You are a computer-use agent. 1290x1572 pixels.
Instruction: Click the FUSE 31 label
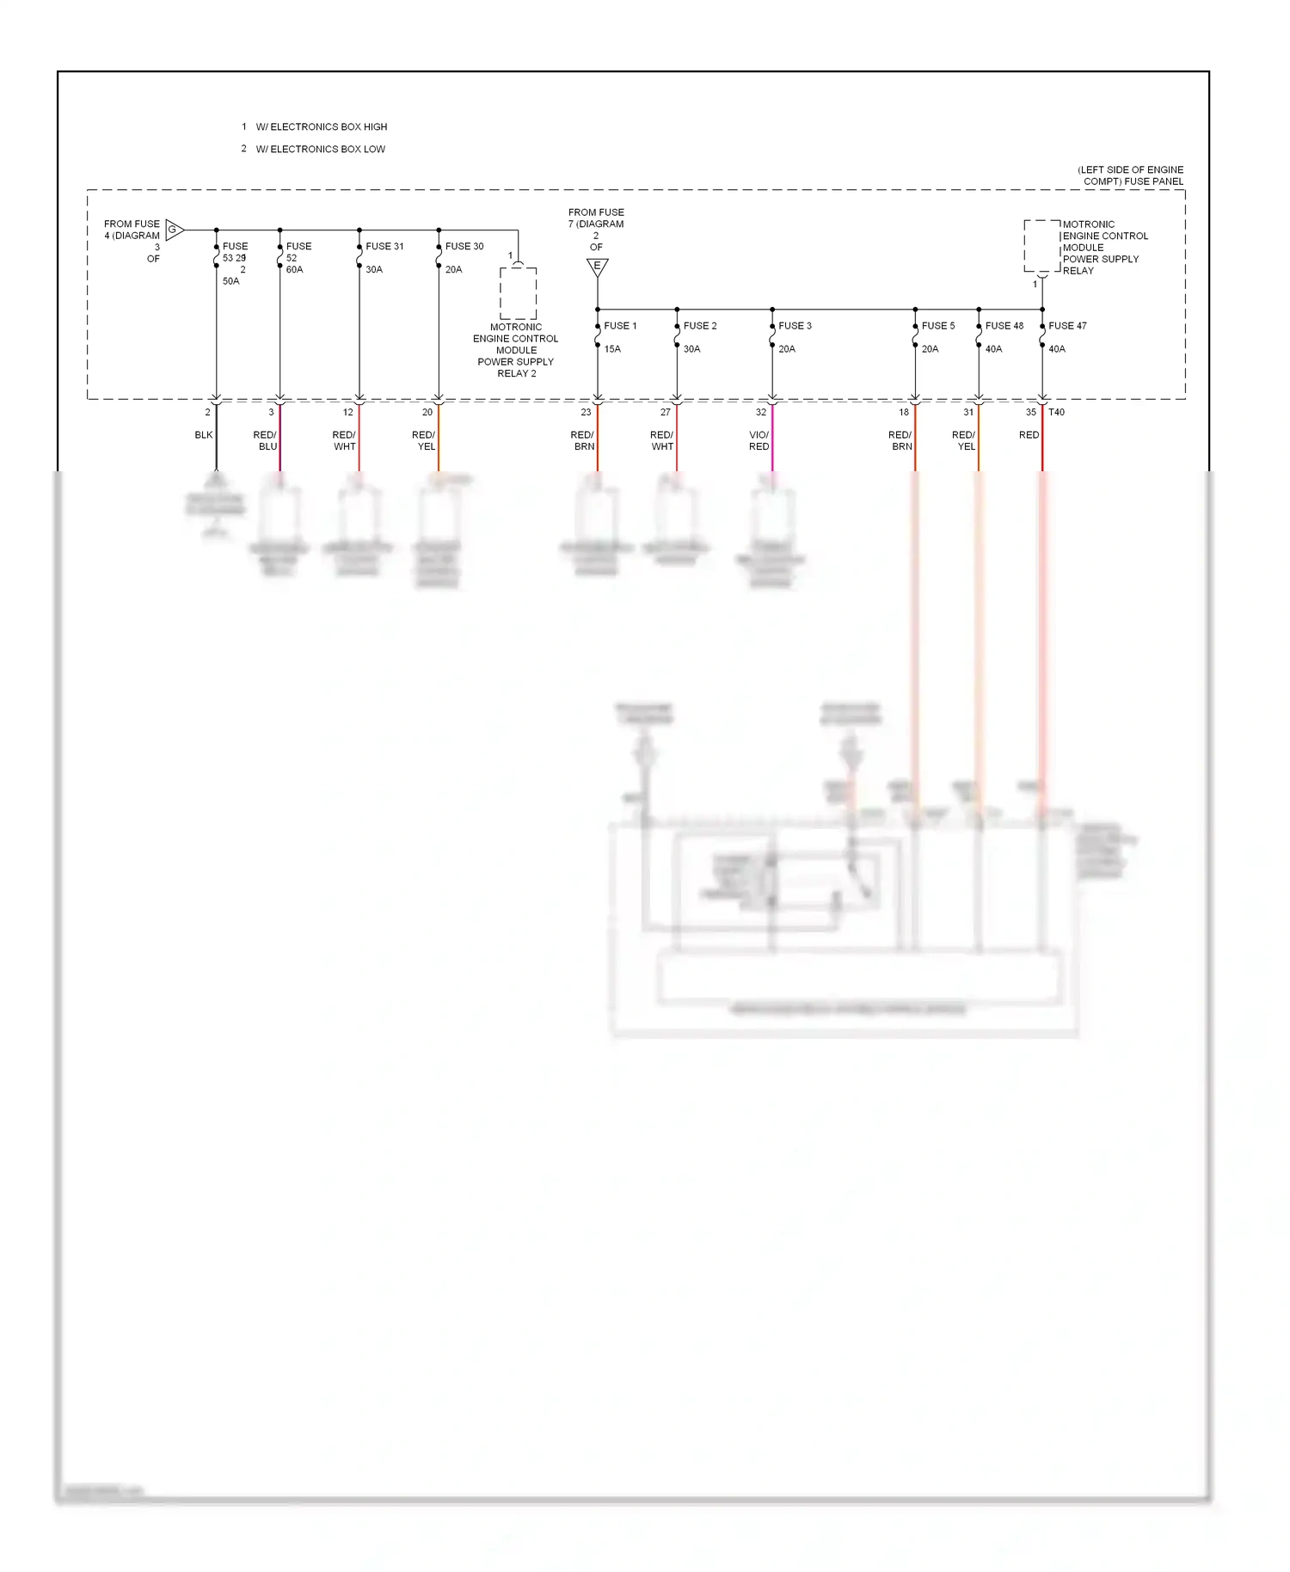pyautogui.click(x=384, y=247)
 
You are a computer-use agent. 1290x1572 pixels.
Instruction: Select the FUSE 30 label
pyautogui.click(x=464, y=247)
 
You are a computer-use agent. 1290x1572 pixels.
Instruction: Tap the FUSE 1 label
pyautogui.click(x=620, y=326)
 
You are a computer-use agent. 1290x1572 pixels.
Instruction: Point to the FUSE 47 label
pyautogui.click(x=1067, y=326)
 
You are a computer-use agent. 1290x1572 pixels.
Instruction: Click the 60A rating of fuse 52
pyautogui.click(x=294, y=270)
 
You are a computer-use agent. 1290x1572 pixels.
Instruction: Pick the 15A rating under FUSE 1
pyautogui.click(x=612, y=349)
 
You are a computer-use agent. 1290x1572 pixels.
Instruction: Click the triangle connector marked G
pyautogui.click(x=175, y=230)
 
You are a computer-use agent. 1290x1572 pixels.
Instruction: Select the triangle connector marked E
pyautogui.click(x=597, y=267)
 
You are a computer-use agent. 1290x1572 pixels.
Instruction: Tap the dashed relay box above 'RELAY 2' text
pyautogui.click(x=518, y=293)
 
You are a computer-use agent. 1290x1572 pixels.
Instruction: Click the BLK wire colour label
pyautogui.click(x=203, y=435)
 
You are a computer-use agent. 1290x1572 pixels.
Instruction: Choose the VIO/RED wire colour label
pyautogui.click(x=759, y=441)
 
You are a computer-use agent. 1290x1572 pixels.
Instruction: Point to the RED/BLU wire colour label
pyautogui.click(x=266, y=441)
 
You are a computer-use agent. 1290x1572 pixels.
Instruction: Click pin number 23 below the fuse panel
pyautogui.click(x=586, y=413)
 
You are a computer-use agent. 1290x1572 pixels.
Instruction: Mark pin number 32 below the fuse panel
pyautogui.click(x=760, y=413)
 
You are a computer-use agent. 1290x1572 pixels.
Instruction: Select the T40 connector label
pyautogui.click(x=1056, y=413)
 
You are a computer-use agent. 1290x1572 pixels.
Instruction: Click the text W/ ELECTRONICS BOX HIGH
pyautogui.click(x=321, y=127)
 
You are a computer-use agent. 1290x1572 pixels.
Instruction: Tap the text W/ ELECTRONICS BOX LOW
pyautogui.click(x=320, y=150)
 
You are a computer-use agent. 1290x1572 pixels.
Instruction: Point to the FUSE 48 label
pyautogui.click(x=1004, y=326)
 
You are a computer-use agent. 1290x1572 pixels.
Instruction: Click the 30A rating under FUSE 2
pyautogui.click(x=691, y=349)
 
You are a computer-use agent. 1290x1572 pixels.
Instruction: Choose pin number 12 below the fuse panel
pyautogui.click(x=347, y=413)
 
